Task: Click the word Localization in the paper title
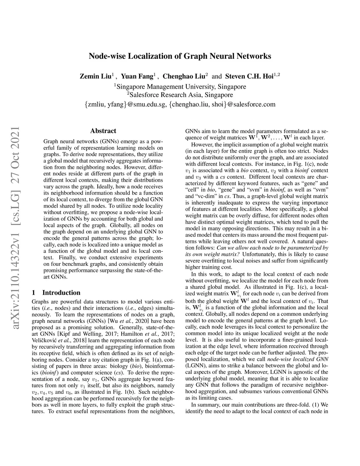pos(138,56)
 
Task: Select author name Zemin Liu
pos(96,76)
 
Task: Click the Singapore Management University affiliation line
pos(180,87)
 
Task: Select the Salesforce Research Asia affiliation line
pos(180,95)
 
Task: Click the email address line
pos(180,104)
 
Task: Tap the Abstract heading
pos(103,131)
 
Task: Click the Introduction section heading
pos(61,293)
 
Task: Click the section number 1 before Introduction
pos(33,293)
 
